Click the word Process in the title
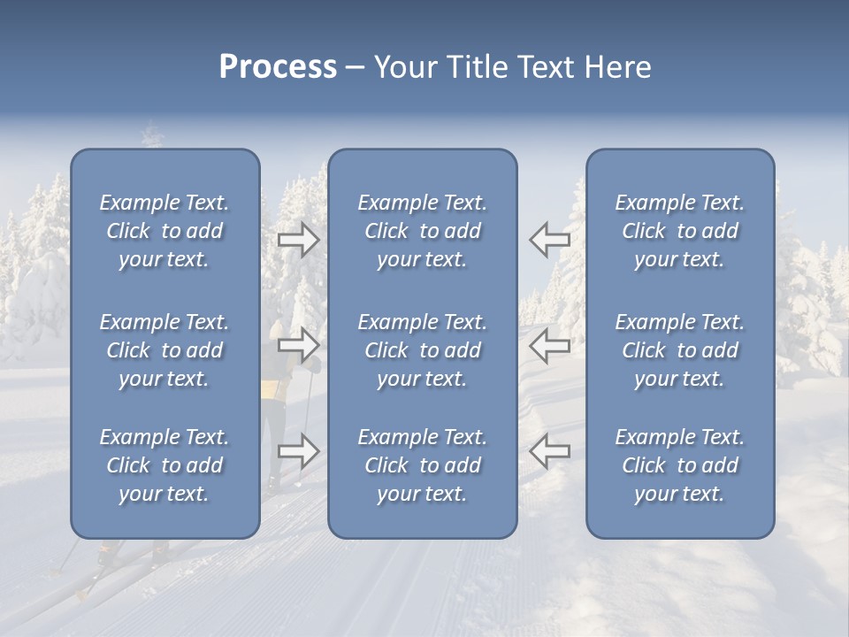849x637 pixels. point(278,67)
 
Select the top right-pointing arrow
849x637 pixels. point(299,240)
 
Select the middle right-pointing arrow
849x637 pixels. point(299,345)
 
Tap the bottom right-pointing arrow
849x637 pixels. point(299,451)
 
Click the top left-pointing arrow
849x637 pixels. point(549,240)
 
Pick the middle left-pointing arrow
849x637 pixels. point(549,345)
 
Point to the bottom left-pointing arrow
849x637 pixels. point(549,451)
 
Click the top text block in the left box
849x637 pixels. point(164,231)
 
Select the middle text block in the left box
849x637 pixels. point(164,350)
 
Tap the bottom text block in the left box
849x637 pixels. point(164,465)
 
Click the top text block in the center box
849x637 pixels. point(422,231)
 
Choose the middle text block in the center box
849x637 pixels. point(422,350)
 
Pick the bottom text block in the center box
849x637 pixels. point(422,465)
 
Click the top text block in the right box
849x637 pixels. point(679,231)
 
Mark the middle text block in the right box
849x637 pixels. point(679,350)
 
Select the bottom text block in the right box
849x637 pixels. point(679,465)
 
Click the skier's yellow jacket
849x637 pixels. point(275,388)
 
